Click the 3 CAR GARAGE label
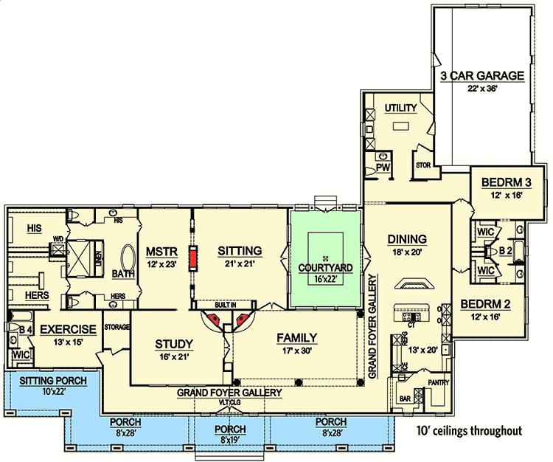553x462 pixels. (x=482, y=75)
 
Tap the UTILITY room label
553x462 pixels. (x=400, y=108)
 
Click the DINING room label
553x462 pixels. (x=407, y=238)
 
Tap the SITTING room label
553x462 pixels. (x=240, y=251)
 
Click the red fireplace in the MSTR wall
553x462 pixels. (x=193, y=259)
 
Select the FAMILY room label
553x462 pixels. (x=297, y=338)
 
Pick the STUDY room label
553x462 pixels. (x=174, y=344)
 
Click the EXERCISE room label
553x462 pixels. (x=68, y=329)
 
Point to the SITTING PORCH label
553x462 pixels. (x=53, y=380)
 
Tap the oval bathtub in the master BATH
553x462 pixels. (x=127, y=260)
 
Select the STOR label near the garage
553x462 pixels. (x=423, y=165)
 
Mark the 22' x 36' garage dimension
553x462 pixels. (x=482, y=89)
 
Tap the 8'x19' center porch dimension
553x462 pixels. (x=230, y=438)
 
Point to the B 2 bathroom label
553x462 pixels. (x=506, y=251)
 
